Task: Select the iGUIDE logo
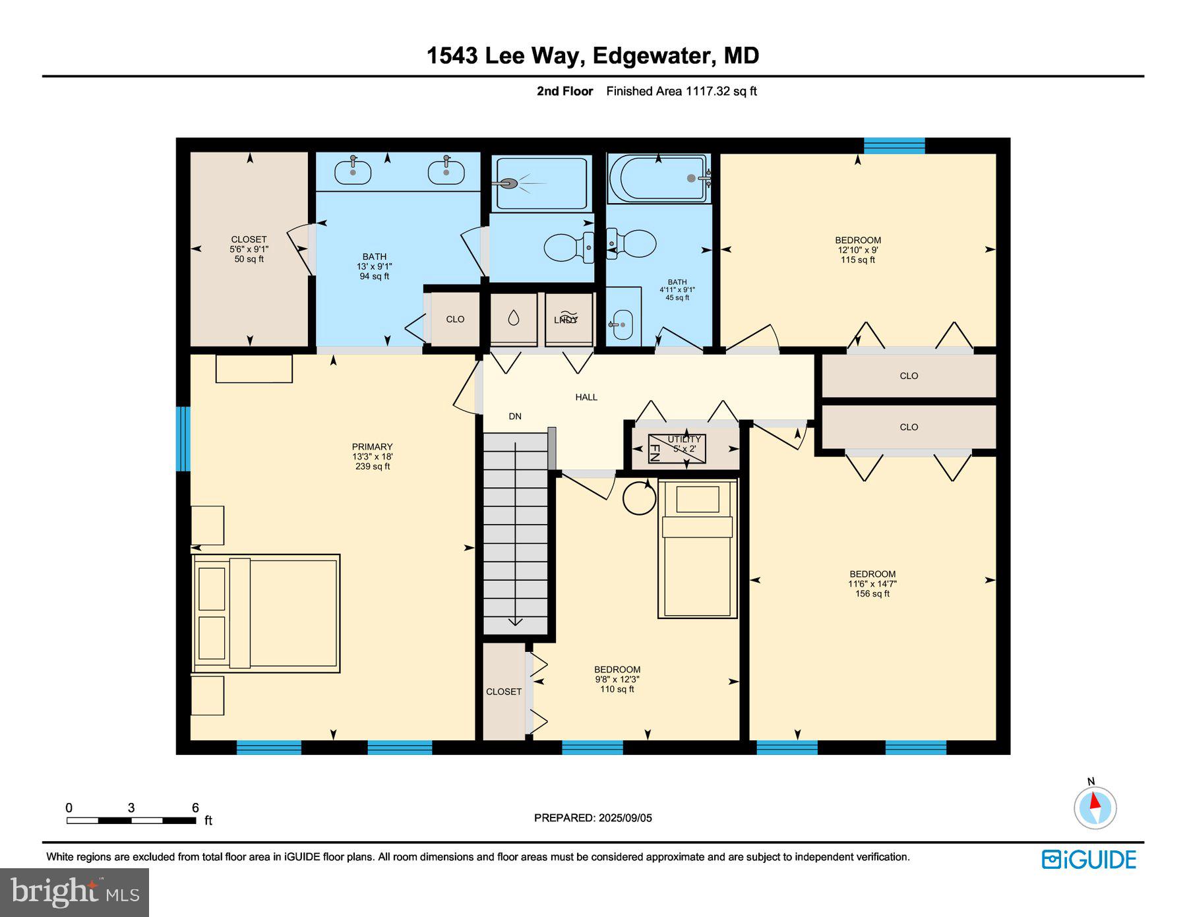(x=1089, y=860)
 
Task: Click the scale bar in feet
(x=131, y=820)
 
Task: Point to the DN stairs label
(x=515, y=416)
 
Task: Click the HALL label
(x=586, y=397)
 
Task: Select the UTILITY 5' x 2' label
(x=684, y=444)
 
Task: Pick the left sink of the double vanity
(x=353, y=173)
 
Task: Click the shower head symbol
(x=507, y=183)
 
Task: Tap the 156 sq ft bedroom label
(x=872, y=583)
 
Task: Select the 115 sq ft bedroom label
(x=857, y=250)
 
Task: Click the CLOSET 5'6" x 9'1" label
(x=249, y=249)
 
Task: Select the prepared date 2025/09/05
(x=592, y=817)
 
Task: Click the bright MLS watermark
(x=75, y=892)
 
